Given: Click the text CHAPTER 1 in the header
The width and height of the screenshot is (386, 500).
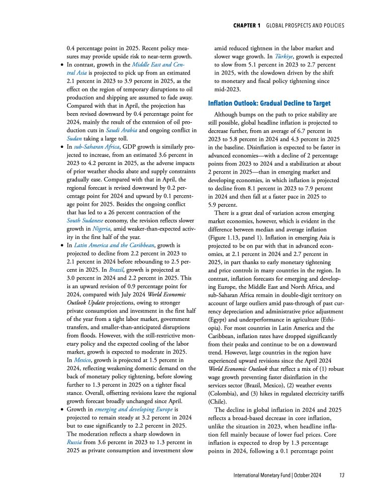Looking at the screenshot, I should [x=248, y=25].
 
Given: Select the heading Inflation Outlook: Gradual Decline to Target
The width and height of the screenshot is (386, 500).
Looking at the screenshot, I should [x=269, y=104].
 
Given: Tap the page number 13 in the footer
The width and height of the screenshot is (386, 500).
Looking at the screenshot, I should [x=342, y=475].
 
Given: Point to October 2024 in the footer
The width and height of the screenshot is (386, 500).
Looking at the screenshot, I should [x=314, y=475].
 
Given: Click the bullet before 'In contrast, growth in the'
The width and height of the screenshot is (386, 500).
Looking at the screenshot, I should [x=62, y=65].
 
